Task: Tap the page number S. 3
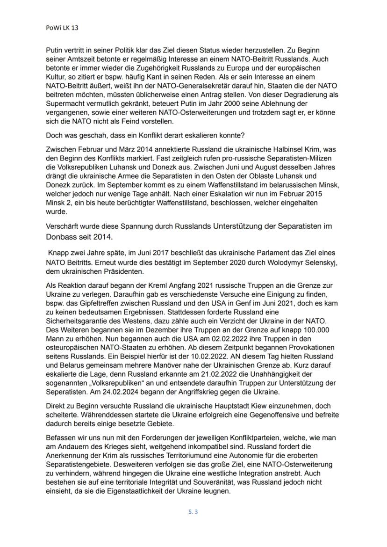pos(193,511)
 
